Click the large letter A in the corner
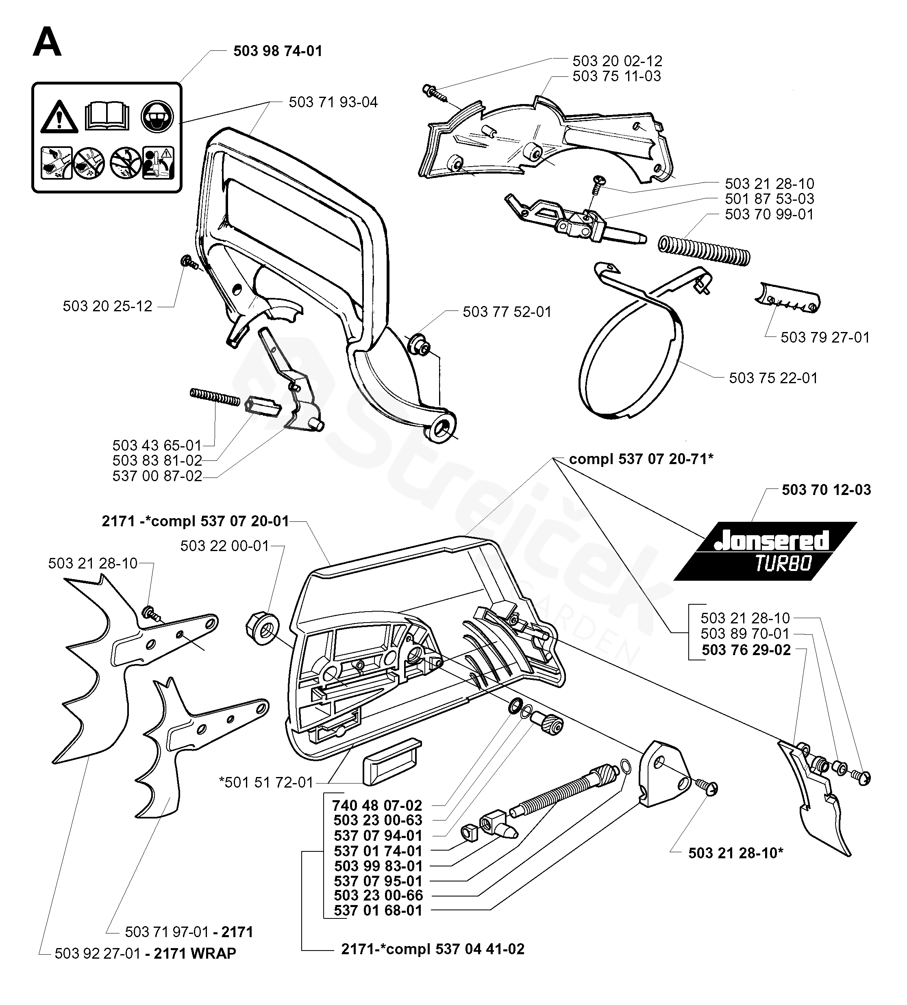[x=47, y=43]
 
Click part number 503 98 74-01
[x=278, y=51]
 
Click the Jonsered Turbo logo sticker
[x=765, y=551]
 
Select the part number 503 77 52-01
[x=507, y=312]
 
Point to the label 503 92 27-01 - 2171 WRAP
[x=146, y=953]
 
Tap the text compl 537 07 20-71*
[x=642, y=459]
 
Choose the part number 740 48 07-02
[x=377, y=805]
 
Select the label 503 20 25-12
[x=108, y=306]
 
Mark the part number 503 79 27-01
[x=825, y=337]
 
